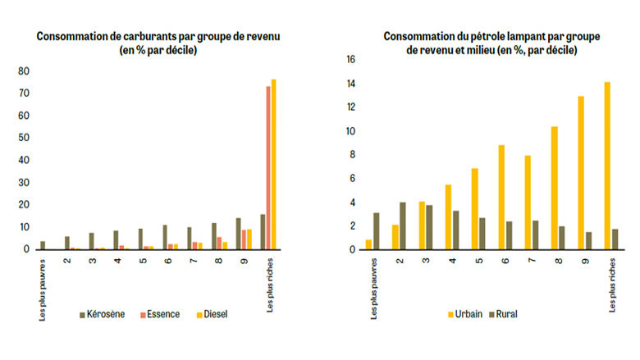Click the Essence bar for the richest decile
(267, 167)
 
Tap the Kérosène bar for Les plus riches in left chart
(262, 231)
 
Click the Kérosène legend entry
(103, 313)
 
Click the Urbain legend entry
(464, 313)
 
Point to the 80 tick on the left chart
(25, 71)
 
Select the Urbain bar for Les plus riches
(608, 165)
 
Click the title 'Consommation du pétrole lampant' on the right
(491, 36)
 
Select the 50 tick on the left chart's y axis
(25, 138)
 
